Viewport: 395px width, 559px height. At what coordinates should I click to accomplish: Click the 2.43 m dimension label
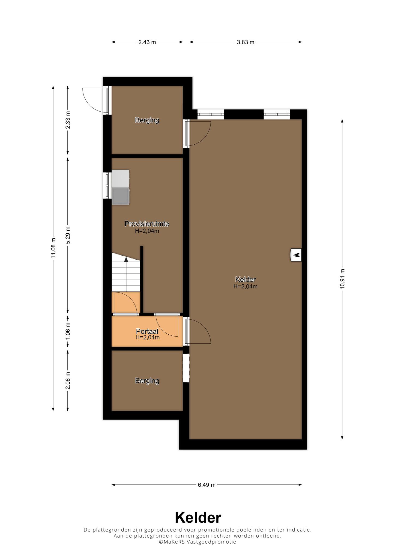pos(147,42)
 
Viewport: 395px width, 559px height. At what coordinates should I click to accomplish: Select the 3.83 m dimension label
pos(246,42)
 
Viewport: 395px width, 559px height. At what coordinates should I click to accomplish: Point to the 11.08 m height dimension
pos(53,248)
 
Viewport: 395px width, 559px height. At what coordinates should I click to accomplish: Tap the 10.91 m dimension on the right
pos(343,279)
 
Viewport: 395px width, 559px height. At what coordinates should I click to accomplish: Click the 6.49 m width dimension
pos(207,485)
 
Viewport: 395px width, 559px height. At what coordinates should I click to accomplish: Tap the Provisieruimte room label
pos(147,224)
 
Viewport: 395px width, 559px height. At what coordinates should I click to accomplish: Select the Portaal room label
pos(147,331)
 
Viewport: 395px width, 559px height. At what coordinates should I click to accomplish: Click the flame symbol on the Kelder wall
pos(296,255)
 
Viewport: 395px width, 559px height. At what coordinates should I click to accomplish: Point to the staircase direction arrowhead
pos(126,259)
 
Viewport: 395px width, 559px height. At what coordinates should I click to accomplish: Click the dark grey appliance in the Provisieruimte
pos(121,196)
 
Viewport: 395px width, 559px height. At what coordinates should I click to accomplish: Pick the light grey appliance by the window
pos(121,179)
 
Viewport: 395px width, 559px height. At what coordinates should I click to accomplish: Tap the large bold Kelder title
pos(198,518)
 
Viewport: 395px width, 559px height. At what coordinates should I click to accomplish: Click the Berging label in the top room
pos(147,120)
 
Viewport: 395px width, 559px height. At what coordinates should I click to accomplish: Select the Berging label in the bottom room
pos(147,381)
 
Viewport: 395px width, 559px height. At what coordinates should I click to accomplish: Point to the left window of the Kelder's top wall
pos(210,114)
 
